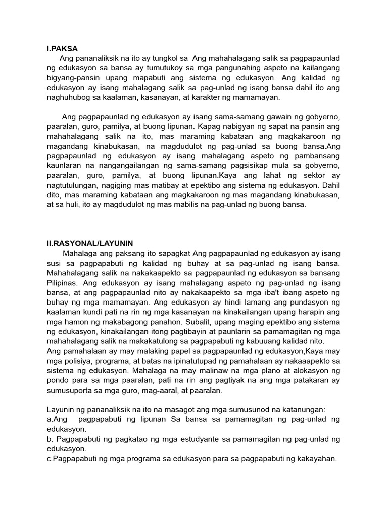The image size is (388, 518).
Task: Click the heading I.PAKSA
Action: [62, 49]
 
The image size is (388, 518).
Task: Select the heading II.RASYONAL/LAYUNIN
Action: [89, 243]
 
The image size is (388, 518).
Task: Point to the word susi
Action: [54, 263]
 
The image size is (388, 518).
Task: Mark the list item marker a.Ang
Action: [57, 419]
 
